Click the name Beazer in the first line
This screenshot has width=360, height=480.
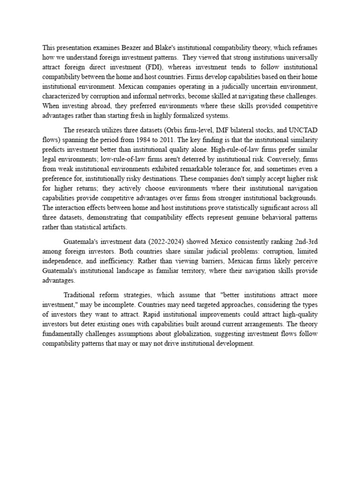pos(123,47)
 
